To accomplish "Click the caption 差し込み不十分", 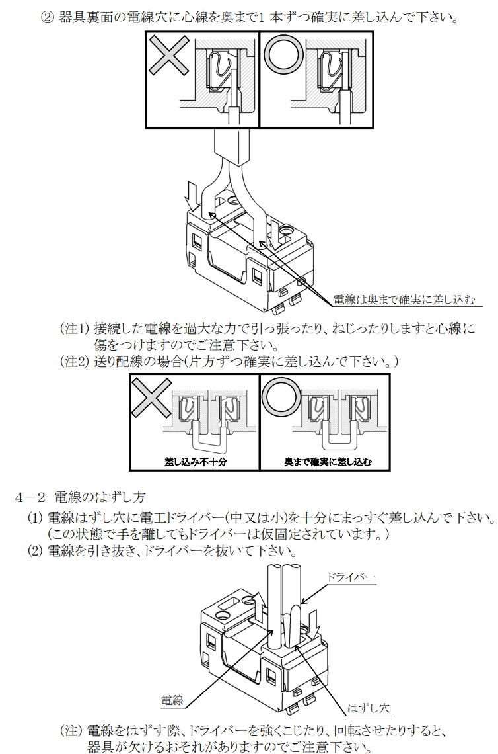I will pyautogui.click(x=195, y=462).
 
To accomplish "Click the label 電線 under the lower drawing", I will pyautogui.click(x=172, y=700).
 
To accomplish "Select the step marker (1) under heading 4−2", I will pyautogui.click(x=35, y=517).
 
